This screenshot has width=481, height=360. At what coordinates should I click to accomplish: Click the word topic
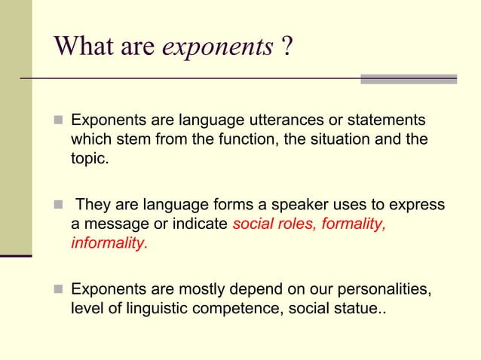tap(87, 159)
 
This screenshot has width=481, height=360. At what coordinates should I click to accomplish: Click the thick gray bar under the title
tap(409, 78)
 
